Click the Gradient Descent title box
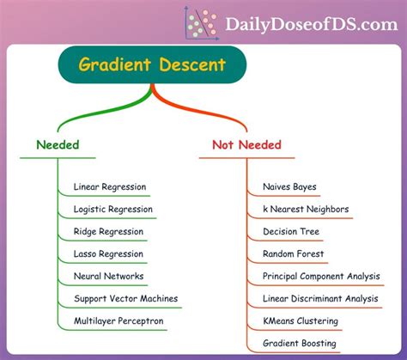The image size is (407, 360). [x=153, y=64]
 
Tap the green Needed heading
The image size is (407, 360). [x=58, y=144]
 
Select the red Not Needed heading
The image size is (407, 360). [x=246, y=144]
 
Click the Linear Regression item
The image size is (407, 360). [x=110, y=186]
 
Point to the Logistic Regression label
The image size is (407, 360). [x=113, y=209]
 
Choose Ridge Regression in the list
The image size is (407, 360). [x=108, y=231]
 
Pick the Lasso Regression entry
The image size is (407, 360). [x=110, y=253]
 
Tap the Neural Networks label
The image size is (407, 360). [x=109, y=276]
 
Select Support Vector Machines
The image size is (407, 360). [x=126, y=298]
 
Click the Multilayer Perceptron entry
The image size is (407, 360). [x=118, y=320]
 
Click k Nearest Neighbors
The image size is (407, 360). [x=306, y=209]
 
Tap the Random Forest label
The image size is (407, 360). [x=294, y=253]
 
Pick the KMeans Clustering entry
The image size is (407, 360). [x=301, y=320]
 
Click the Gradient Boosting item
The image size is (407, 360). [x=300, y=343]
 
